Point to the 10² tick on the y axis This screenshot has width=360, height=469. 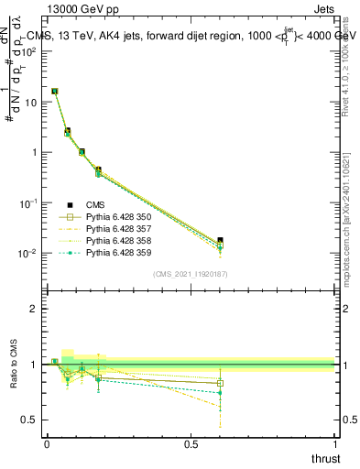[x=31, y=51]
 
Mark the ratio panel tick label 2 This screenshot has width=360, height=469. [x=34, y=309]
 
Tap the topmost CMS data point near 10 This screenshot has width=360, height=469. [x=55, y=92]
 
